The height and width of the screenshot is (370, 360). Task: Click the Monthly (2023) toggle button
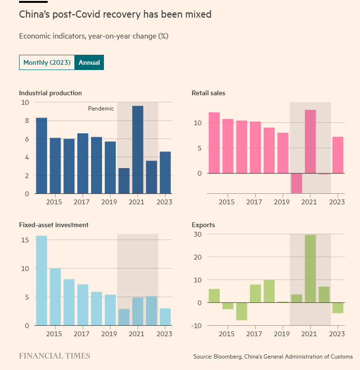coord(47,63)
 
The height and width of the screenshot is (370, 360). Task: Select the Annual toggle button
coord(89,63)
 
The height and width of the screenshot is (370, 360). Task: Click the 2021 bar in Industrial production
coord(138,150)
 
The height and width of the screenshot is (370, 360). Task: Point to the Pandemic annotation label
coord(101,109)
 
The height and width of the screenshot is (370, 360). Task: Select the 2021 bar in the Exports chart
coord(310,269)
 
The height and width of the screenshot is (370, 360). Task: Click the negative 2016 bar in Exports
coord(242,311)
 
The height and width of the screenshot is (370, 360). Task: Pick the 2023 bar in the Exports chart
coord(338,308)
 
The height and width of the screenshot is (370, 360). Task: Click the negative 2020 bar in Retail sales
coord(297,183)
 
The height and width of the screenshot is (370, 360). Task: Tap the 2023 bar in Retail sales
coord(338,155)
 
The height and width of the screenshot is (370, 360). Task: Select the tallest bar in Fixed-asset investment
coord(41,280)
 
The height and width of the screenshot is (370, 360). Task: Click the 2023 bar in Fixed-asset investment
coord(165,317)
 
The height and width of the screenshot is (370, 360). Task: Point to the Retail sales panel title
coord(208,93)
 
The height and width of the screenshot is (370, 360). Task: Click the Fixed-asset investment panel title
coord(53,225)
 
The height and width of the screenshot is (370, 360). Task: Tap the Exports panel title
coord(203,225)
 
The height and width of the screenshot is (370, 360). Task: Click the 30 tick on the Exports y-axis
coord(197,234)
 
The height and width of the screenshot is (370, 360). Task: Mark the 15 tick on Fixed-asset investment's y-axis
coord(25,240)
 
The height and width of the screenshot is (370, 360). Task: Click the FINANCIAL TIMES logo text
coord(54,356)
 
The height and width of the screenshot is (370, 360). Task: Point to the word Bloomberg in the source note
coord(231,357)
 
